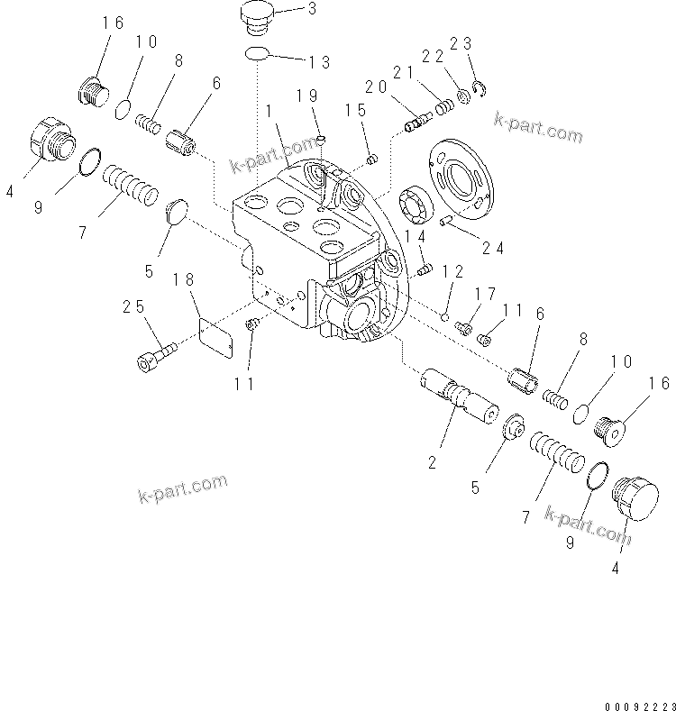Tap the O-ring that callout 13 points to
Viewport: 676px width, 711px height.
(257, 55)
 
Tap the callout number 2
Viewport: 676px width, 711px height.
(434, 462)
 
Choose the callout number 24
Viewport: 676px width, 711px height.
(492, 247)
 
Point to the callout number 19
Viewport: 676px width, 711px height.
(306, 96)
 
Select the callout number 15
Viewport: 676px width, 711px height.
(355, 110)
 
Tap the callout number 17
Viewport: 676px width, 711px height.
(486, 293)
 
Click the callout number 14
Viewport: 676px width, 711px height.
(415, 235)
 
